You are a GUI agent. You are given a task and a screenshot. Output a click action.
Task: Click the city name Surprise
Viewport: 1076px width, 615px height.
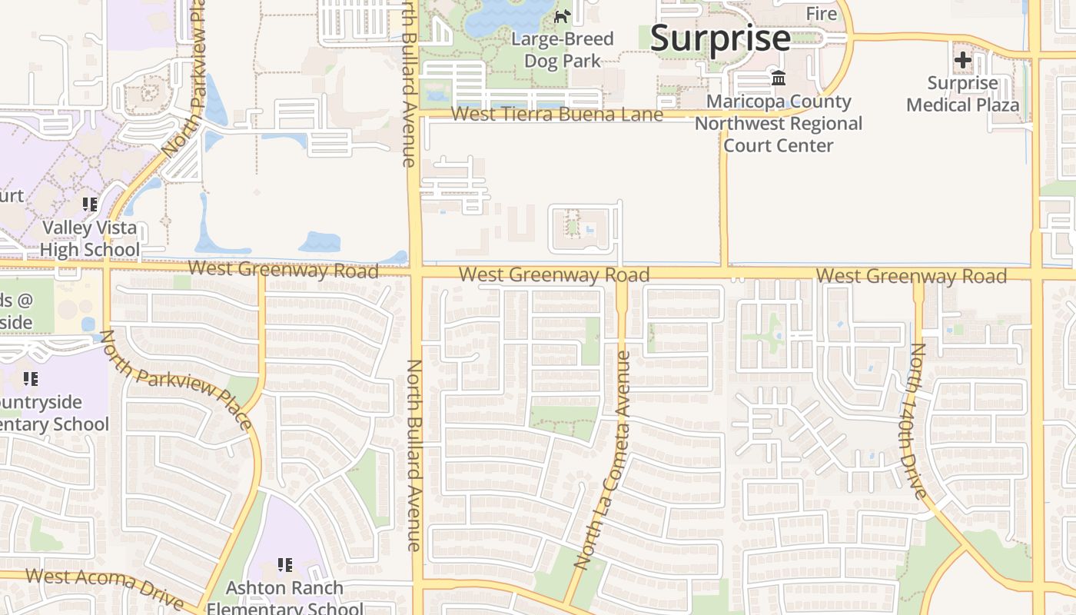click(x=720, y=38)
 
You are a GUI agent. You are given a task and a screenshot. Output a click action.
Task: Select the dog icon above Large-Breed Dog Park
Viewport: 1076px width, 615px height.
click(x=563, y=16)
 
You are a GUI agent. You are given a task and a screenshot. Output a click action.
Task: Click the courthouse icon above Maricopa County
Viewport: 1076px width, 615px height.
click(x=779, y=78)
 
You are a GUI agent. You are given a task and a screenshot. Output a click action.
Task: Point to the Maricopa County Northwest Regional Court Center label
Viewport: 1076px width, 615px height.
click(x=779, y=124)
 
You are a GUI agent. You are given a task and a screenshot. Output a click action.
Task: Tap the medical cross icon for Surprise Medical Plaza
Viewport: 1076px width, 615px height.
click(x=962, y=60)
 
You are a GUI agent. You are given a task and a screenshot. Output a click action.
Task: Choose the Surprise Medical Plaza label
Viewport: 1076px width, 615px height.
click(x=962, y=94)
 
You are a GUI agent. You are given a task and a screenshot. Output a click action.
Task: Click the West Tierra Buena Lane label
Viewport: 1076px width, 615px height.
click(x=556, y=115)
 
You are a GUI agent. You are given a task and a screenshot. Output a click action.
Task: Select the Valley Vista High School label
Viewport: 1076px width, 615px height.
click(x=90, y=238)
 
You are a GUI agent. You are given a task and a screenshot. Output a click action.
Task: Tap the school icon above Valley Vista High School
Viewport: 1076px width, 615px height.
click(x=90, y=204)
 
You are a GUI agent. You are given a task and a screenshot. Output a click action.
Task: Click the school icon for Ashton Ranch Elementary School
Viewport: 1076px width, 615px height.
click(x=285, y=565)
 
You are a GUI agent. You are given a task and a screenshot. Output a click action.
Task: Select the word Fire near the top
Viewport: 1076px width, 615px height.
click(x=821, y=14)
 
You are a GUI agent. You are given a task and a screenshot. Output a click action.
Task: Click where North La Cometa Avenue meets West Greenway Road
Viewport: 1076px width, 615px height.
click(x=621, y=274)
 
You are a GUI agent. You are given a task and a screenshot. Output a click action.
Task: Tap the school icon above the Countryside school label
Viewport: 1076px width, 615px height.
click(x=31, y=378)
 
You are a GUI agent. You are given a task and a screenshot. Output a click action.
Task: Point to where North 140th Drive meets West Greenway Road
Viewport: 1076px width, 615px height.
click(x=918, y=275)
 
